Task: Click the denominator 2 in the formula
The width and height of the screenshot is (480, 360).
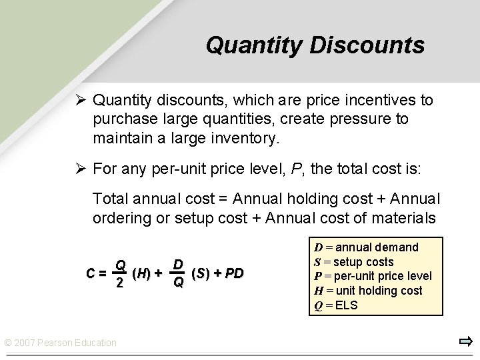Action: click(x=120, y=283)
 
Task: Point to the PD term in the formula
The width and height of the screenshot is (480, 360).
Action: click(x=233, y=273)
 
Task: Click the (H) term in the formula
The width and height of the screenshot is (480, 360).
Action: click(x=141, y=273)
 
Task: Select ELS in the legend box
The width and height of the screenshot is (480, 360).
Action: click(x=347, y=305)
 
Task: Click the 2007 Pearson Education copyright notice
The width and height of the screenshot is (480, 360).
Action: click(x=60, y=343)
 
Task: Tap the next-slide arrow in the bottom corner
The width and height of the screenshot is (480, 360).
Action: click(x=465, y=343)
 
